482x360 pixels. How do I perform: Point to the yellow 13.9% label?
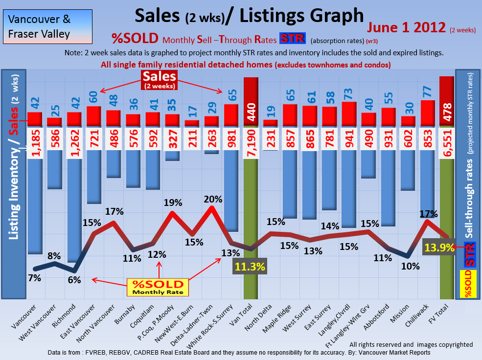point(439,248)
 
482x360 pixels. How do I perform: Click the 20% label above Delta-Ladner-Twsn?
point(213,199)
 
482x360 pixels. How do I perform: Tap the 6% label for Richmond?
point(74,280)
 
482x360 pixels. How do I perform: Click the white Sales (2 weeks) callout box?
point(160,80)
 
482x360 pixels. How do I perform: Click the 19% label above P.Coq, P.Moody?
point(173,202)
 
